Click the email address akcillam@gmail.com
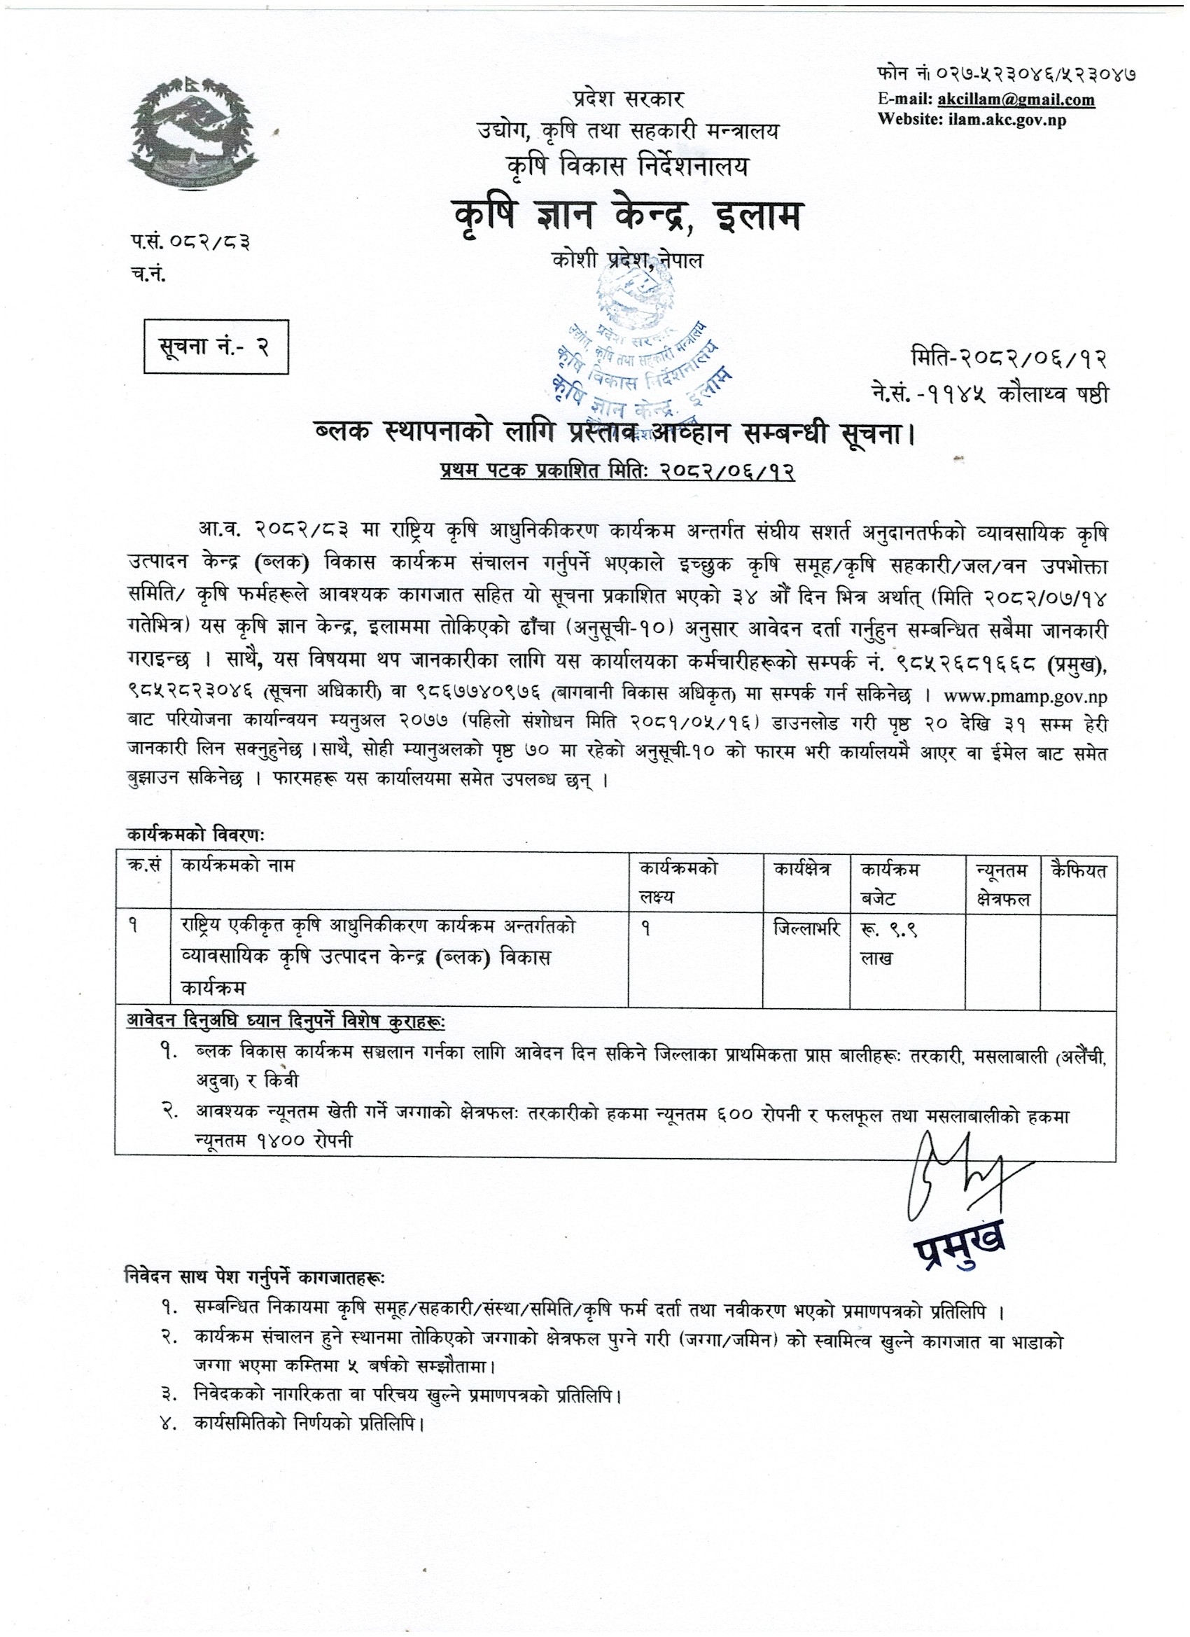click(x=1014, y=99)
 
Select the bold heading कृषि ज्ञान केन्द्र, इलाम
click(x=626, y=215)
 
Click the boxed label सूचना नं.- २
click(x=216, y=347)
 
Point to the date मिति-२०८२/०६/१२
click(x=1009, y=358)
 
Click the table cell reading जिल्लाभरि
click(x=806, y=930)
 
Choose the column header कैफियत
click(x=1079, y=870)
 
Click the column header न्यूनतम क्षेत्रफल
click(x=1002, y=884)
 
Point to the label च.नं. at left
click(x=149, y=275)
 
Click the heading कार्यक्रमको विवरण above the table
click(x=196, y=835)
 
